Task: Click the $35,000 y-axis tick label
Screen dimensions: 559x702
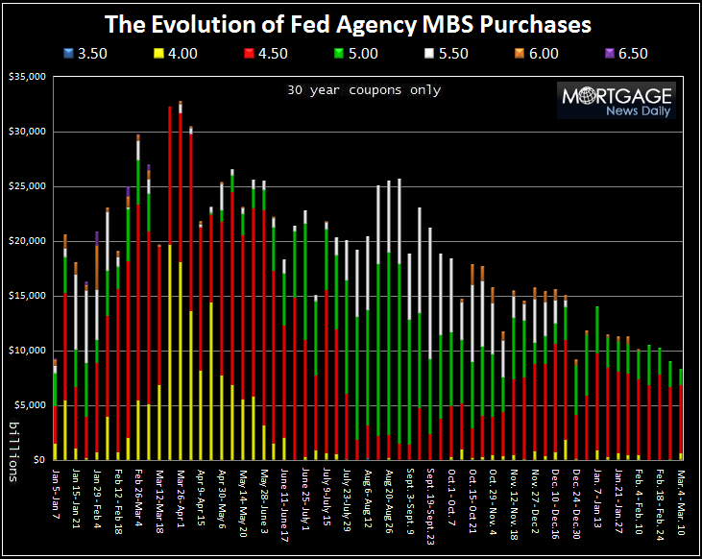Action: pyautogui.click(x=24, y=77)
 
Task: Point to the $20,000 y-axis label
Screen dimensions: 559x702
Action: pyautogui.click(x=24, y=241)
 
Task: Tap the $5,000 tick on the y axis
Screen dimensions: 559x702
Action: pyautogui.click(x=27, y=405)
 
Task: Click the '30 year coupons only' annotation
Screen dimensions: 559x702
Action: pyautogui.click(x=364, y=90)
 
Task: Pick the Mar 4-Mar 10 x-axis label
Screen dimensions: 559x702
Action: pyautogui.click(x=681, y=498)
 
